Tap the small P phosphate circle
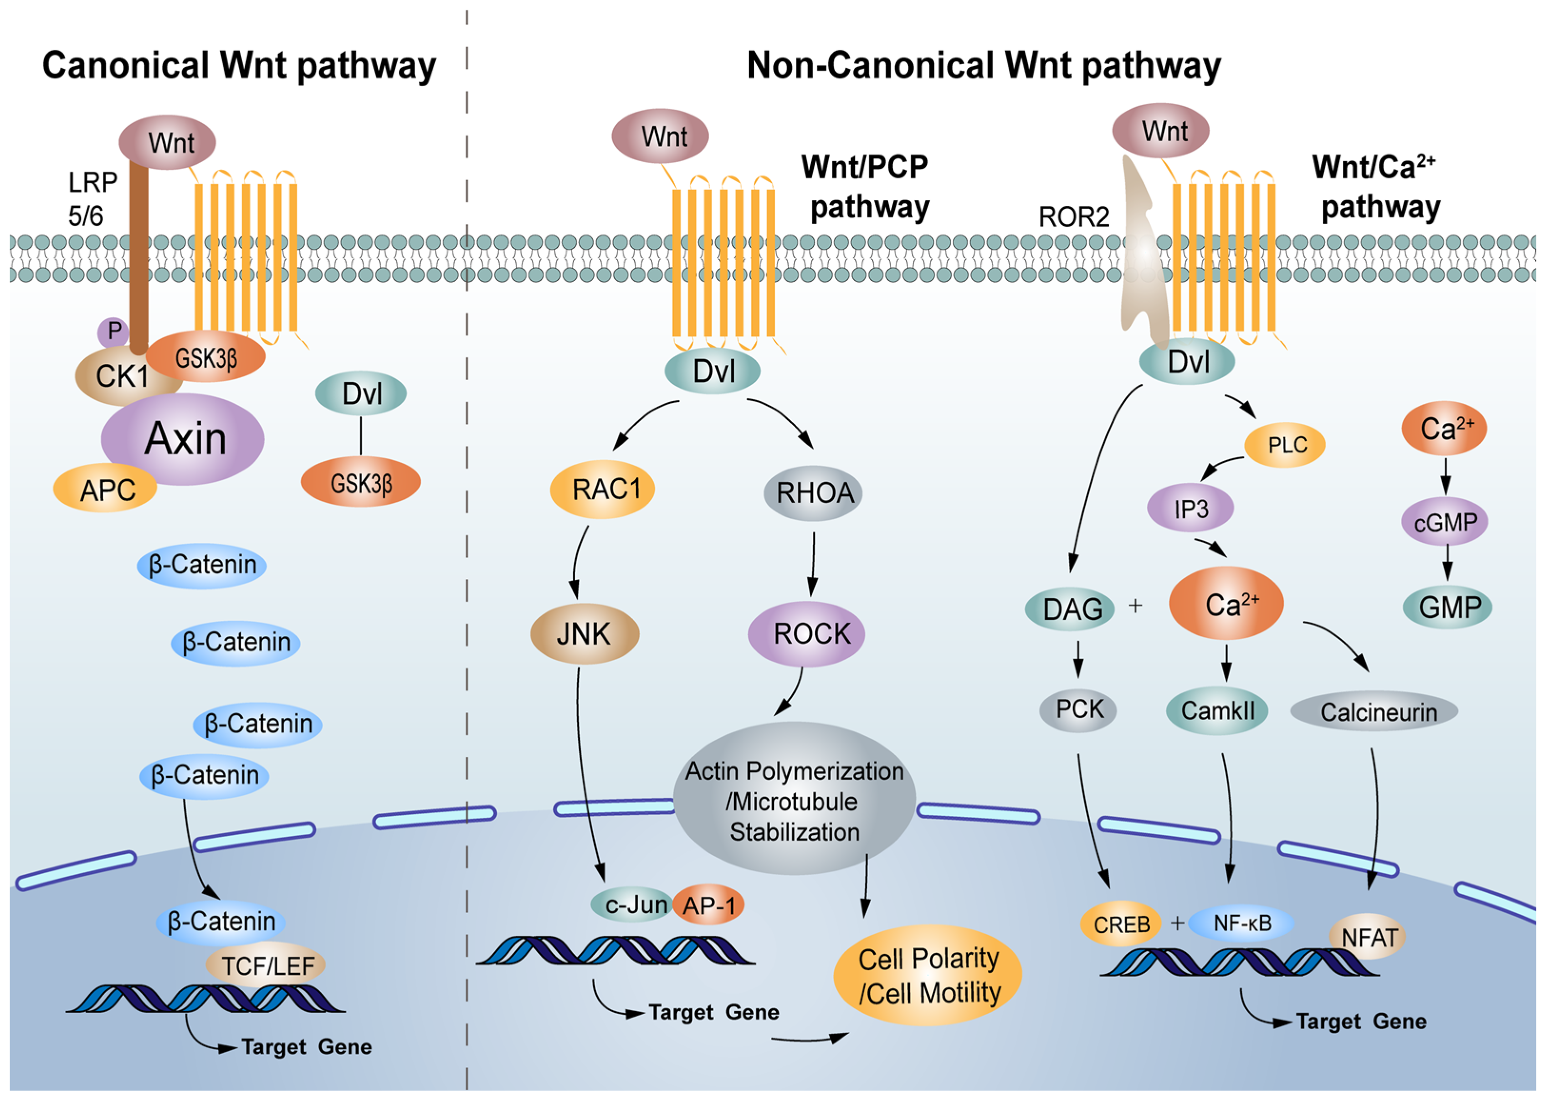point(114,332)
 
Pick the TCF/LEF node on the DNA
point(267,965)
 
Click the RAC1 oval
point(602,489)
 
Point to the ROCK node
point(806,634)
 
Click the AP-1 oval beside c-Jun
point(709,905)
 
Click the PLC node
point(1285,445)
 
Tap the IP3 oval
point(1190,508)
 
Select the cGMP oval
point(1445,522)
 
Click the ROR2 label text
point(1073,217)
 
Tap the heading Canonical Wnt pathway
point(239,66)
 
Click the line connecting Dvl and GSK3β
point(361,436)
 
